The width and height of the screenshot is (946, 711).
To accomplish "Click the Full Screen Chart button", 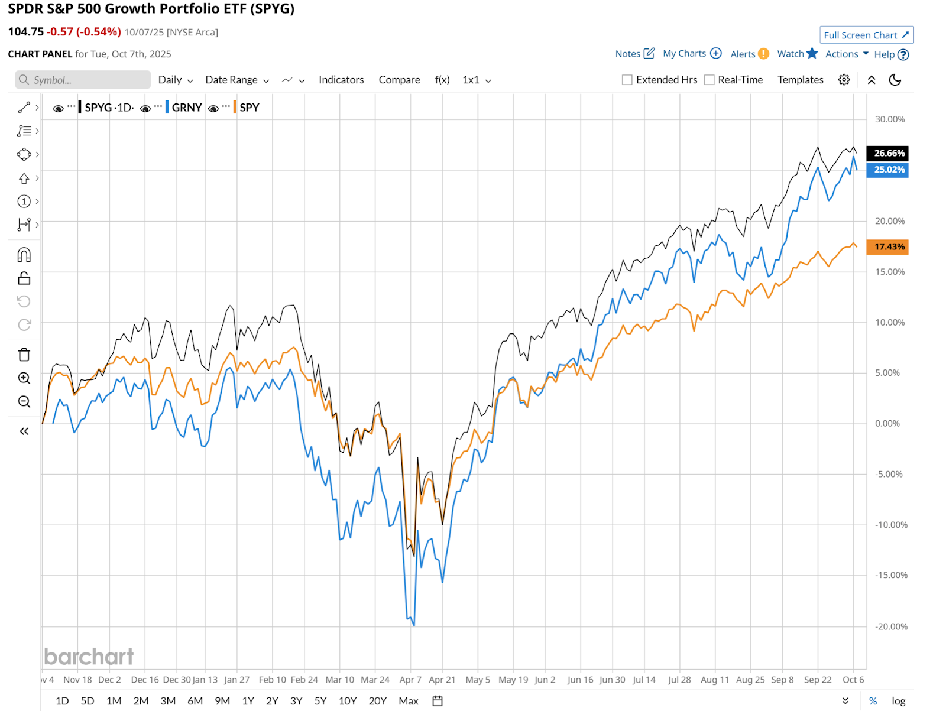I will [x=866, y=35].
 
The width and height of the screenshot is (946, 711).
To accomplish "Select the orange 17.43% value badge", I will [x=887, y=247].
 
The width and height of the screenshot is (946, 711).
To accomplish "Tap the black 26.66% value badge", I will [x=887, y=154].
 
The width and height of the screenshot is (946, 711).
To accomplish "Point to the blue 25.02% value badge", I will [x=887, y=170].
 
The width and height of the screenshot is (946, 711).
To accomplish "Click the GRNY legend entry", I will [x=186, y=108].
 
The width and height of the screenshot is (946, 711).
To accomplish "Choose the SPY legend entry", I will [x=249, y=108].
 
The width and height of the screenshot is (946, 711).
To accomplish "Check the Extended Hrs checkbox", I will [x=627, y=80].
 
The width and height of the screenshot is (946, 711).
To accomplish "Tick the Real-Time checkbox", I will [x=710, y=80].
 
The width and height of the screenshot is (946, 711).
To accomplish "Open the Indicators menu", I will [x=341, y=80].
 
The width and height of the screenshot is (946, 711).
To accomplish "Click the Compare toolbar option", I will [x=399, y=80].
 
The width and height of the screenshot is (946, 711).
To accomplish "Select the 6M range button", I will [x=195, y=701].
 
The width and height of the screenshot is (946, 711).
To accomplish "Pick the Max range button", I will [x=409, y=701].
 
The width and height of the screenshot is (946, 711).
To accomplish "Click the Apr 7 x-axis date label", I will [x=410, y=680].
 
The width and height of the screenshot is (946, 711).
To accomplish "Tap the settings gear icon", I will [x=844, y=80].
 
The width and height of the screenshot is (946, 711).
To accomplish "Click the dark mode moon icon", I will [x=895, y=80].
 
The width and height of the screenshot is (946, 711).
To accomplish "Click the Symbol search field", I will [x=83, y=80].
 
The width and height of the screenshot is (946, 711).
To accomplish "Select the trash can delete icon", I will [x=24, y=355].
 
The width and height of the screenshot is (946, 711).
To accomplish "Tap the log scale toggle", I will [x=899, y=701].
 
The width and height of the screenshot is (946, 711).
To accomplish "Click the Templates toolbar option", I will [x=800, y=80].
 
